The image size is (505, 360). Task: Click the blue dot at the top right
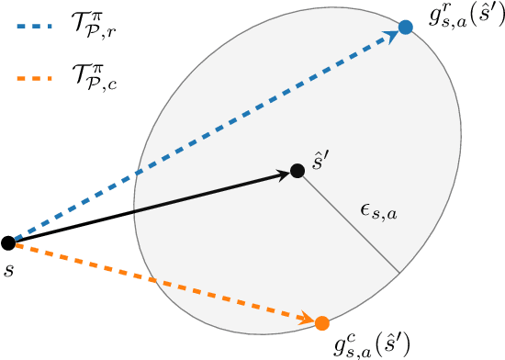406,28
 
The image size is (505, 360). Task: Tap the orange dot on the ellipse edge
321,323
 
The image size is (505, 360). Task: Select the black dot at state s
8,243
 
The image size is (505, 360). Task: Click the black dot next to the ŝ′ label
297,171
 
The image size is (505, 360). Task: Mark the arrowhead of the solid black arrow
281,174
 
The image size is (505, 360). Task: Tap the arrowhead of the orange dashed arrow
306,319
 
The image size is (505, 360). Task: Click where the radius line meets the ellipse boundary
399,272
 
